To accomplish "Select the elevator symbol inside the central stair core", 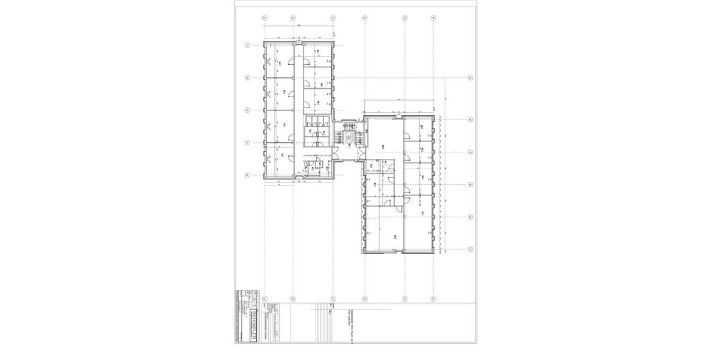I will tap(348, 137).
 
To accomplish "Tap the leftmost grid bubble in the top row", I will tap(265, 18).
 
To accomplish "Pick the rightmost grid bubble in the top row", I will tap(434, 18).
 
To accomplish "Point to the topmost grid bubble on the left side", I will tap(247, 45).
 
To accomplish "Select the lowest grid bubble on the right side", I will tap(470, 248).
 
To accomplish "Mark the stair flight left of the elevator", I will tap(338, 137).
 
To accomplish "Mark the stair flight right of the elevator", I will tap(358, 137).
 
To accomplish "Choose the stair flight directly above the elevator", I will tap(348, 125).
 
